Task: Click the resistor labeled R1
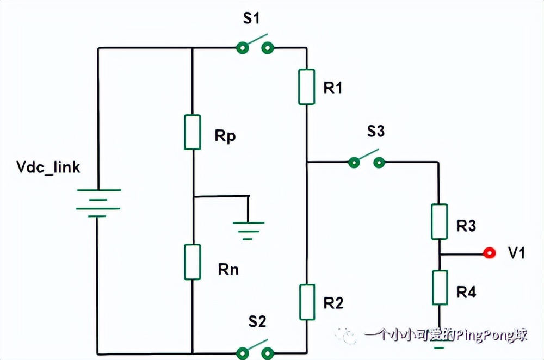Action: point(306,86)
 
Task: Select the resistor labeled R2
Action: point(306,302)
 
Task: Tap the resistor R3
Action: point(439,221)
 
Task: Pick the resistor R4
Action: point(439,288)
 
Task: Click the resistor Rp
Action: point(193,132)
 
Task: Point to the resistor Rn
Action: point(193,262)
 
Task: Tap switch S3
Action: point(367,161)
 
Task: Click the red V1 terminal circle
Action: point(490,253)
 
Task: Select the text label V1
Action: point(516,253)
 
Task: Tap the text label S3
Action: point(375,132)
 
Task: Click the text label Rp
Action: point(225,136)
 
